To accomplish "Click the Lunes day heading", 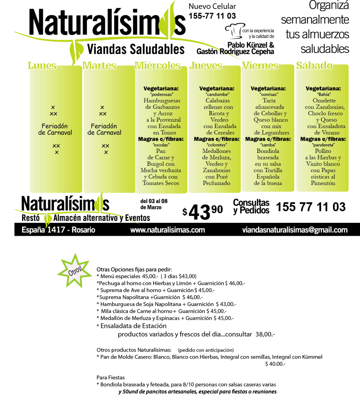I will click(42, 66).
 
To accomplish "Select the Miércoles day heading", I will click(157, 66).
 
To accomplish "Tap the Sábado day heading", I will click(314, 66).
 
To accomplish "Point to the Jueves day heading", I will click(206, 66).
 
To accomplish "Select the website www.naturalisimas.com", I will click(168, 230).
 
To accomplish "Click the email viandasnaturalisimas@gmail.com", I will click(295, 230).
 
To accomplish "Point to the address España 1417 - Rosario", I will click(58, 230).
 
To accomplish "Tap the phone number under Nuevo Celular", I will click(212, 16).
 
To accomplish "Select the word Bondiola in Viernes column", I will click(268, 151).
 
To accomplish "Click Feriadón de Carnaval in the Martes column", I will click(104, 129).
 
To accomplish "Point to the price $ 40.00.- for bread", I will click(275, 364).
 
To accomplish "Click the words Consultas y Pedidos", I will click(251, 206).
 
